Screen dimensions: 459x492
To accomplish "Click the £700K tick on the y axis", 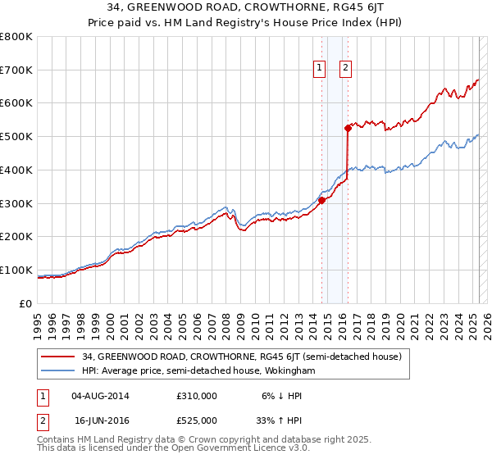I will pos(16,70).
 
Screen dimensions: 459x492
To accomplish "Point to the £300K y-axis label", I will pos(16,203).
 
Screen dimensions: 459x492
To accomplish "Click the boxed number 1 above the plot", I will pos(318,68).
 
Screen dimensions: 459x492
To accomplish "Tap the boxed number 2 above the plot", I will pos(346,68).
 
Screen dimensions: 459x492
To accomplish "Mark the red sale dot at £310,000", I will pos(321,200).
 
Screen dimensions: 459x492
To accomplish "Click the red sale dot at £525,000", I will pos(348,128).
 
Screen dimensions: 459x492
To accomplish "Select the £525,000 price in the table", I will pos(197,420).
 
